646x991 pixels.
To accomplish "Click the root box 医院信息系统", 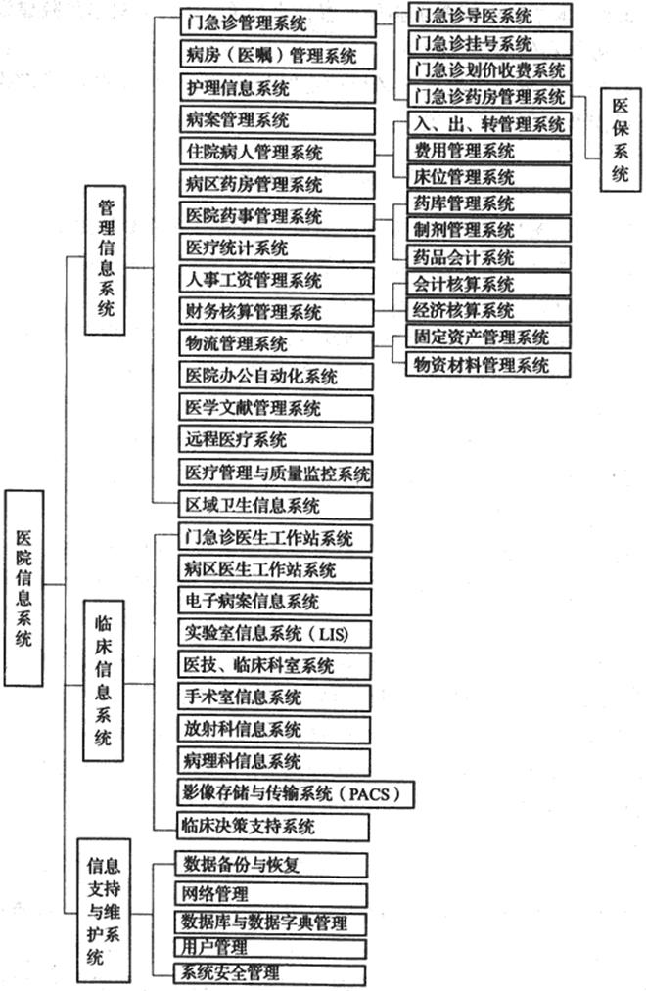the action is pyautogui.click(x=24, y=588).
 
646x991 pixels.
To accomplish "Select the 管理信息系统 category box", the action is pyautogui.click(x=105, y=260).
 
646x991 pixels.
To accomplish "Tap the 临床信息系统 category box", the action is pyautogui.click(x=104, y=681).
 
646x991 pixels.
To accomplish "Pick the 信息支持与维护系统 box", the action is pyautogui.click(x=104, y=911).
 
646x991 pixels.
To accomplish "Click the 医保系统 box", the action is pyautogui.click(x=621, y=139).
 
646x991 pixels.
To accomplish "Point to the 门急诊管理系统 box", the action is pyautogui.click(x=278, y=23).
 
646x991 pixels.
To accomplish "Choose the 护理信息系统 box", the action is pyautogui.click(x=278, y=88).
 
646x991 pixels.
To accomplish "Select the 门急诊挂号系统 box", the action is pyautogui.click(x=489, y=43).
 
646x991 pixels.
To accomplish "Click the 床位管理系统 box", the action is pyautogui.click(x=488, y=177).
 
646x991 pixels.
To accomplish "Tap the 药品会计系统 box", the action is pyautogui.click(x=488, y=257).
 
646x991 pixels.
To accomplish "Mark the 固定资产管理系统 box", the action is pyautogui.click(x=488, y=337).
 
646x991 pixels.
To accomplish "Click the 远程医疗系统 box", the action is pyautogui.click(x=276, y=440).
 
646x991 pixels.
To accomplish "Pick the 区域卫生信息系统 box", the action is pyautogui.click(x=276, y=506).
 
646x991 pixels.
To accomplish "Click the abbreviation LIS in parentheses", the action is pyautogui.click(x=333, y=633).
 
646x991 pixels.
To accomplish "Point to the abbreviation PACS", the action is pyautogui.click(x=370, y=793).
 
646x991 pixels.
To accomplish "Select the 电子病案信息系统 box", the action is pyautogui.click(x=274, y=601).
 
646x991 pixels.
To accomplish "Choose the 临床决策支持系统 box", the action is pyautogui.click(x=273, y=827).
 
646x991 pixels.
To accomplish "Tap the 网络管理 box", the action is pyautogui.click(x=271, y=895).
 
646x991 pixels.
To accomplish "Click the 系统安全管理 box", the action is pyautogui.click(x=270, y=973).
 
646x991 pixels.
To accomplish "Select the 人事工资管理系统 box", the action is pyautogui.click(x=277, y=280).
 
